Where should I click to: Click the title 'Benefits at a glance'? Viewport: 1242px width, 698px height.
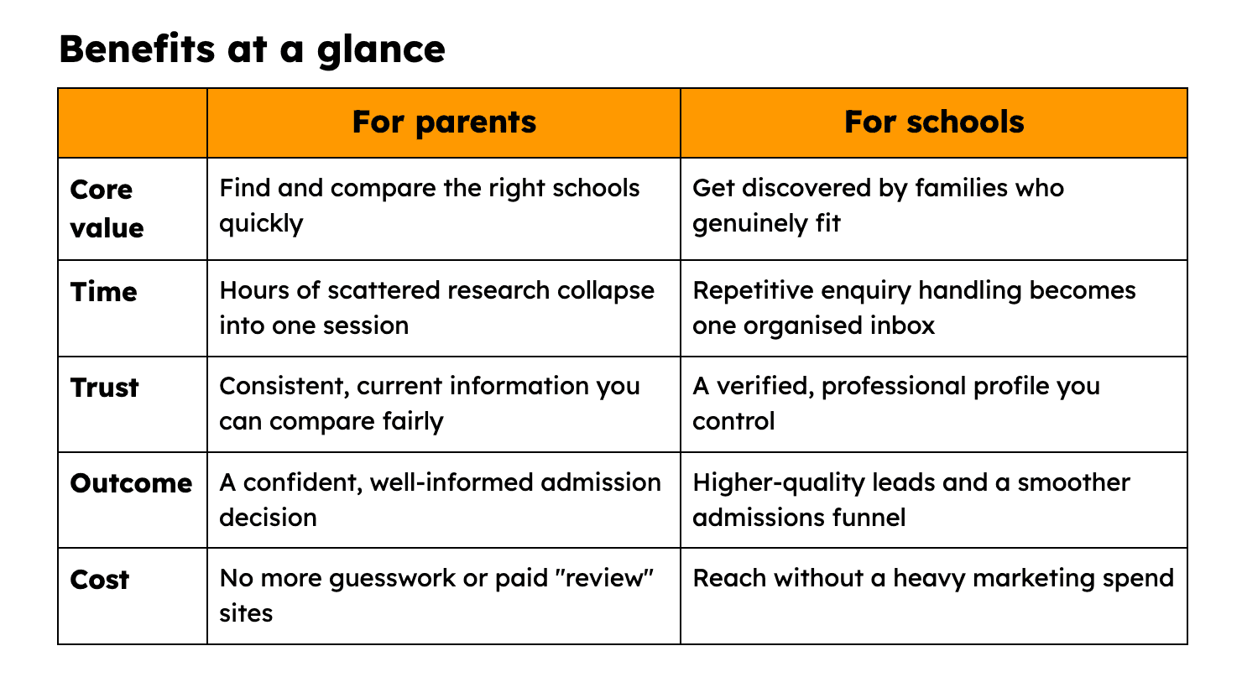point(253,49)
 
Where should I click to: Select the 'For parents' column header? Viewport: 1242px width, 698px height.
point(444,122)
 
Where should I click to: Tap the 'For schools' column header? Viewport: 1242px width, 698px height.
point(934,122)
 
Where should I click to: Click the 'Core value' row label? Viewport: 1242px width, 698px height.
point(107,209)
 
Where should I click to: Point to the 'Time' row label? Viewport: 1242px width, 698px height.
point(104,292)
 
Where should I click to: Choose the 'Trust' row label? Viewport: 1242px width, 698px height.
point(104,388)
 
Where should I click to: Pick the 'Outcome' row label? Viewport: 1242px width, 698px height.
point(132,483)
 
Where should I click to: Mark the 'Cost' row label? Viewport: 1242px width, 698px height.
point(100,580)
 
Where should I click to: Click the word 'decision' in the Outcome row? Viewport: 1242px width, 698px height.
point(268,518)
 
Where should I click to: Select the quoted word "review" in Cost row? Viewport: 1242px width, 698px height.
point(604,578)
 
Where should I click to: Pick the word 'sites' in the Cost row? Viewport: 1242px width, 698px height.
point(246,614)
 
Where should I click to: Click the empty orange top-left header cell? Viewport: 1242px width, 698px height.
point(133,122)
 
